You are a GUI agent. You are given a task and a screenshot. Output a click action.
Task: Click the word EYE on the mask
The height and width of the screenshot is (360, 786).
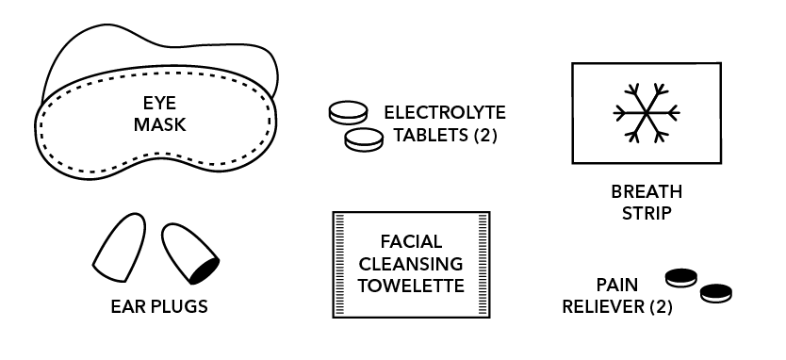[x=159, y=103]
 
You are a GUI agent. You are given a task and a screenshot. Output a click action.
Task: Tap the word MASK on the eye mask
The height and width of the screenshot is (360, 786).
[x=159, y=124]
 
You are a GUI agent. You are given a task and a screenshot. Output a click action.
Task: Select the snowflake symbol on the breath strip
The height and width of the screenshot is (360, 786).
[x=647, y=113]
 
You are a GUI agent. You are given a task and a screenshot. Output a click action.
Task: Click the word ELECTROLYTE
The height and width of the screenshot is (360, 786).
[x=445, y=112]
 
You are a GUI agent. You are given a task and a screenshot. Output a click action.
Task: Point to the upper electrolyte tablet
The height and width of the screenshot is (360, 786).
[x=349, y=112]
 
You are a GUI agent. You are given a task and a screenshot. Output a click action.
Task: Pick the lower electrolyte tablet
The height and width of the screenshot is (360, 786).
[x=364, y=139]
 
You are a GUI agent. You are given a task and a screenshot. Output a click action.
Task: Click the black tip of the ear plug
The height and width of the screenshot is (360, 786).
[x=205, y=270]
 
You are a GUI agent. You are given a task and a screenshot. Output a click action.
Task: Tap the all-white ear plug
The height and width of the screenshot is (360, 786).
[x=121, y=247]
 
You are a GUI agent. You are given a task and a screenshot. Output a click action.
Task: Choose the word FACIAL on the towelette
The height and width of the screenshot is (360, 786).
[x=411, y=241]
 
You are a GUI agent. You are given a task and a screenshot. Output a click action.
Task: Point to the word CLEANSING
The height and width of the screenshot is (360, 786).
[x=411, y=264]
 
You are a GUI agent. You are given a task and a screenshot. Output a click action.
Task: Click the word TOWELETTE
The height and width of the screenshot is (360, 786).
[x=411, y=286]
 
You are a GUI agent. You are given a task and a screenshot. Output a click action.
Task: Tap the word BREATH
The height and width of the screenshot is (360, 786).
[x=647, y=191]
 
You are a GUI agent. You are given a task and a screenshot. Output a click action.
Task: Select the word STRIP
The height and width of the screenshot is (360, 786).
[x=647, y=214]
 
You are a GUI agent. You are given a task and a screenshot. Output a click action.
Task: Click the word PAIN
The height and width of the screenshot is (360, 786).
[x=617, y=285]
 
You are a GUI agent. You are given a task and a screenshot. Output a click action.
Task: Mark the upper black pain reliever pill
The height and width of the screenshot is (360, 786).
[x=681, y=277]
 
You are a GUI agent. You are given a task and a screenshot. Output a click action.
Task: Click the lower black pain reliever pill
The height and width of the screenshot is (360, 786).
[x=716, y=293]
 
